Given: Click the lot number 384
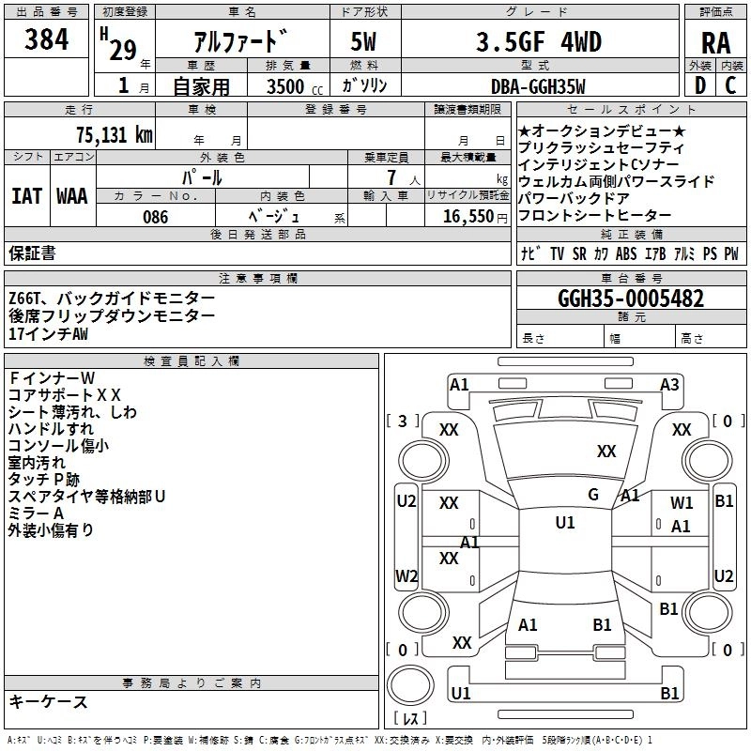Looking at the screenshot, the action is click(x=46, y=39).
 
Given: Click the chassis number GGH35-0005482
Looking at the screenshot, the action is click(x=630, y=299).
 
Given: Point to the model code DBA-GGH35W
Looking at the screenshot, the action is click(x=538, y=86).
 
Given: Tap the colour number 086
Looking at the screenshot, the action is click(x=155, y=217).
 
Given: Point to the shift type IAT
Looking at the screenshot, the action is click(x=26, y=196).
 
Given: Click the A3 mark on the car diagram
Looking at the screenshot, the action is click(x=669, y=384).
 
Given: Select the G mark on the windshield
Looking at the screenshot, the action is click(x=593, y=495).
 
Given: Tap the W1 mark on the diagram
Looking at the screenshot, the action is click(x=682, y=503).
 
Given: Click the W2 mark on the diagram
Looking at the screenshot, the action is click(x=406, y=575).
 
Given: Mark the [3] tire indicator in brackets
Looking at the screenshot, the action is click(x=403, y=421).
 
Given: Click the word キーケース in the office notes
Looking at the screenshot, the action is click(x=48, y=701).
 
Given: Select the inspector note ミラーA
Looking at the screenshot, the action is click(x=36, y=513).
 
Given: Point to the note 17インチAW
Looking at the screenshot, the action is click(x=49, y=334).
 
